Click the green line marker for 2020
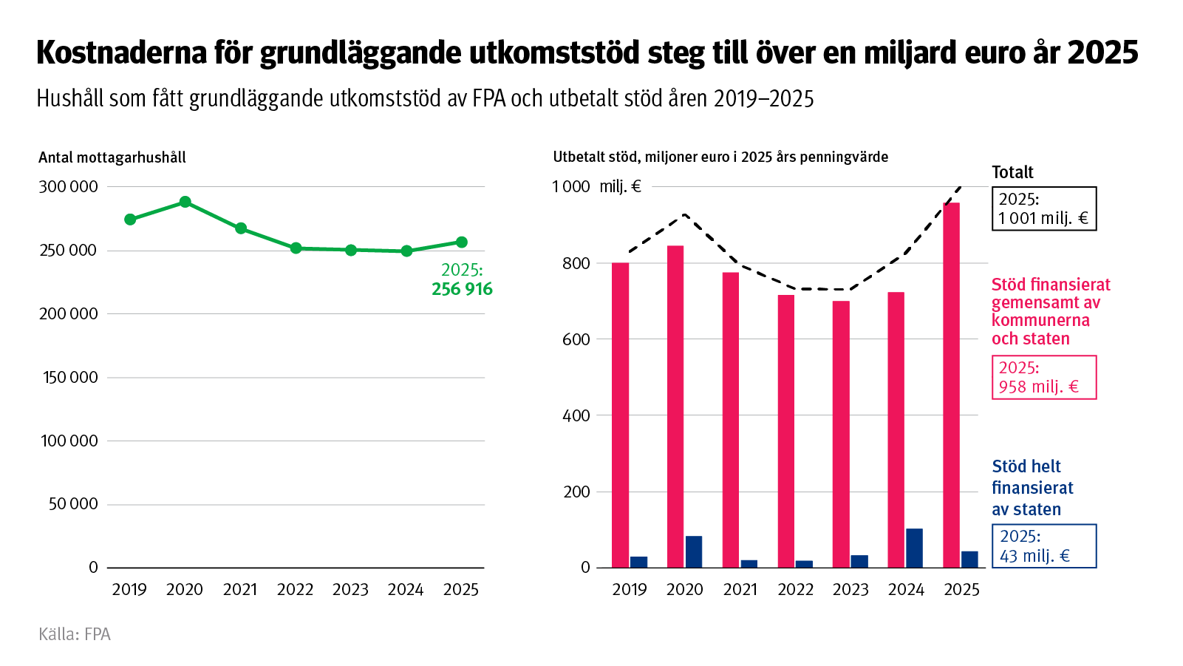[185, 202]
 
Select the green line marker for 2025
[462, 242]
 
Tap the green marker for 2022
[296, 248]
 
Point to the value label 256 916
[462, 289]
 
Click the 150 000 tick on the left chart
[70, 377]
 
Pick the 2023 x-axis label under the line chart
[350, 589]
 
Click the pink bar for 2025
[951, 384]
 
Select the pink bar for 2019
[620, 414]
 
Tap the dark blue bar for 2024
[914, 548]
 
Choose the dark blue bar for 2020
[693, 551]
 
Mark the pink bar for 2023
[841, 434]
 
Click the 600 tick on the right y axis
[576, 339]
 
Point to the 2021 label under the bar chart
[740, 589]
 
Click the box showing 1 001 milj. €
[1043, 208]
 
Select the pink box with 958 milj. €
[1043, 377]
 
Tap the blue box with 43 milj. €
[1043, 546]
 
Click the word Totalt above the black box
[1012, 172]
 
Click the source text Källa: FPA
[75, 634]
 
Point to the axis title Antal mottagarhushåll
[112, 157]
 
